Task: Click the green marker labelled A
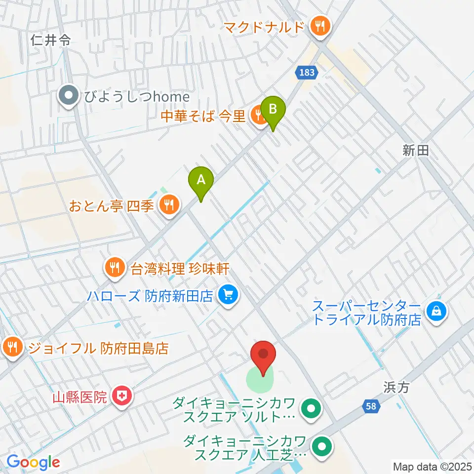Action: pos(201,181)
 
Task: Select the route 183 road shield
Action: pos(307,73)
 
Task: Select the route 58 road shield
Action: pos(373,406)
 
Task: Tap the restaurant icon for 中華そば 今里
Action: pos(257,116)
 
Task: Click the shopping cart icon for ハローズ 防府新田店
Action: pos(228,296)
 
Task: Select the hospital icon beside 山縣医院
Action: pos(120,395)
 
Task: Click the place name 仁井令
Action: pos(50,40)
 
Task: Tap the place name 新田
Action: pos(416,152)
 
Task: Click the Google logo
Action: pos(33,462)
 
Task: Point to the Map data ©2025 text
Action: pos(432,466)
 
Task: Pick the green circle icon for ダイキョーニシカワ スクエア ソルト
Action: pos(312,409)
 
